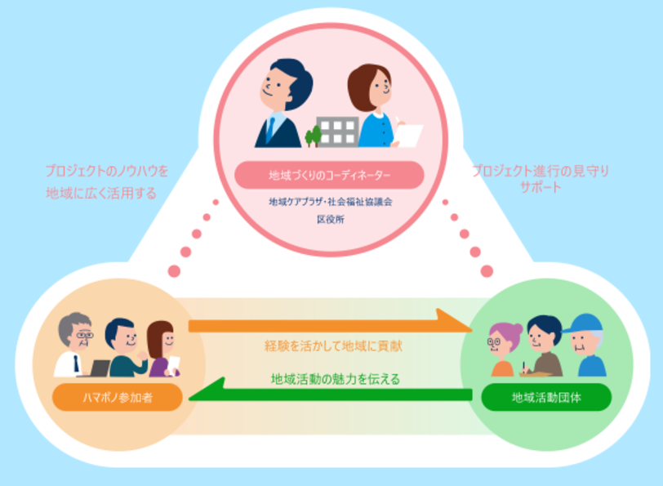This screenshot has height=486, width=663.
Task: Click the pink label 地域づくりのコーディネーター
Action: coord(329,175)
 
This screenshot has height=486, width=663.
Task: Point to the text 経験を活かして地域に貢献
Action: coord(331,346)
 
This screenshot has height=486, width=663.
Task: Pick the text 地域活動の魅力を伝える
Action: coord(331,378)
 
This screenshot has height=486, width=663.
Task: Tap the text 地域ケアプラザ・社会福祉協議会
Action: coord(329,201)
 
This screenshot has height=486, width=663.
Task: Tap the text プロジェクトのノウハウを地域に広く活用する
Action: coord(106,183)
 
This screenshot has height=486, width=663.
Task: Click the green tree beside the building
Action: coord(312,136)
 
